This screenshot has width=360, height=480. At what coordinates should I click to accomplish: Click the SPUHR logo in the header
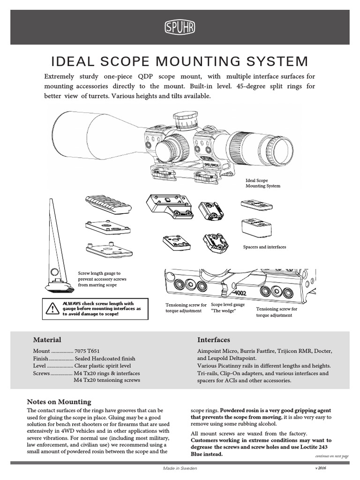[180, 28]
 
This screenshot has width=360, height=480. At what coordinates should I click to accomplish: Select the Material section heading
[47, 339]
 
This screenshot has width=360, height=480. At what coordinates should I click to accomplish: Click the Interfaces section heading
[213, 339]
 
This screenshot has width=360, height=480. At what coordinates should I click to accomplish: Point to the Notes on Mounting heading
[59, 402]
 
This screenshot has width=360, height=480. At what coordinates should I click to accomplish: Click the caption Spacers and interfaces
[264, 247]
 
